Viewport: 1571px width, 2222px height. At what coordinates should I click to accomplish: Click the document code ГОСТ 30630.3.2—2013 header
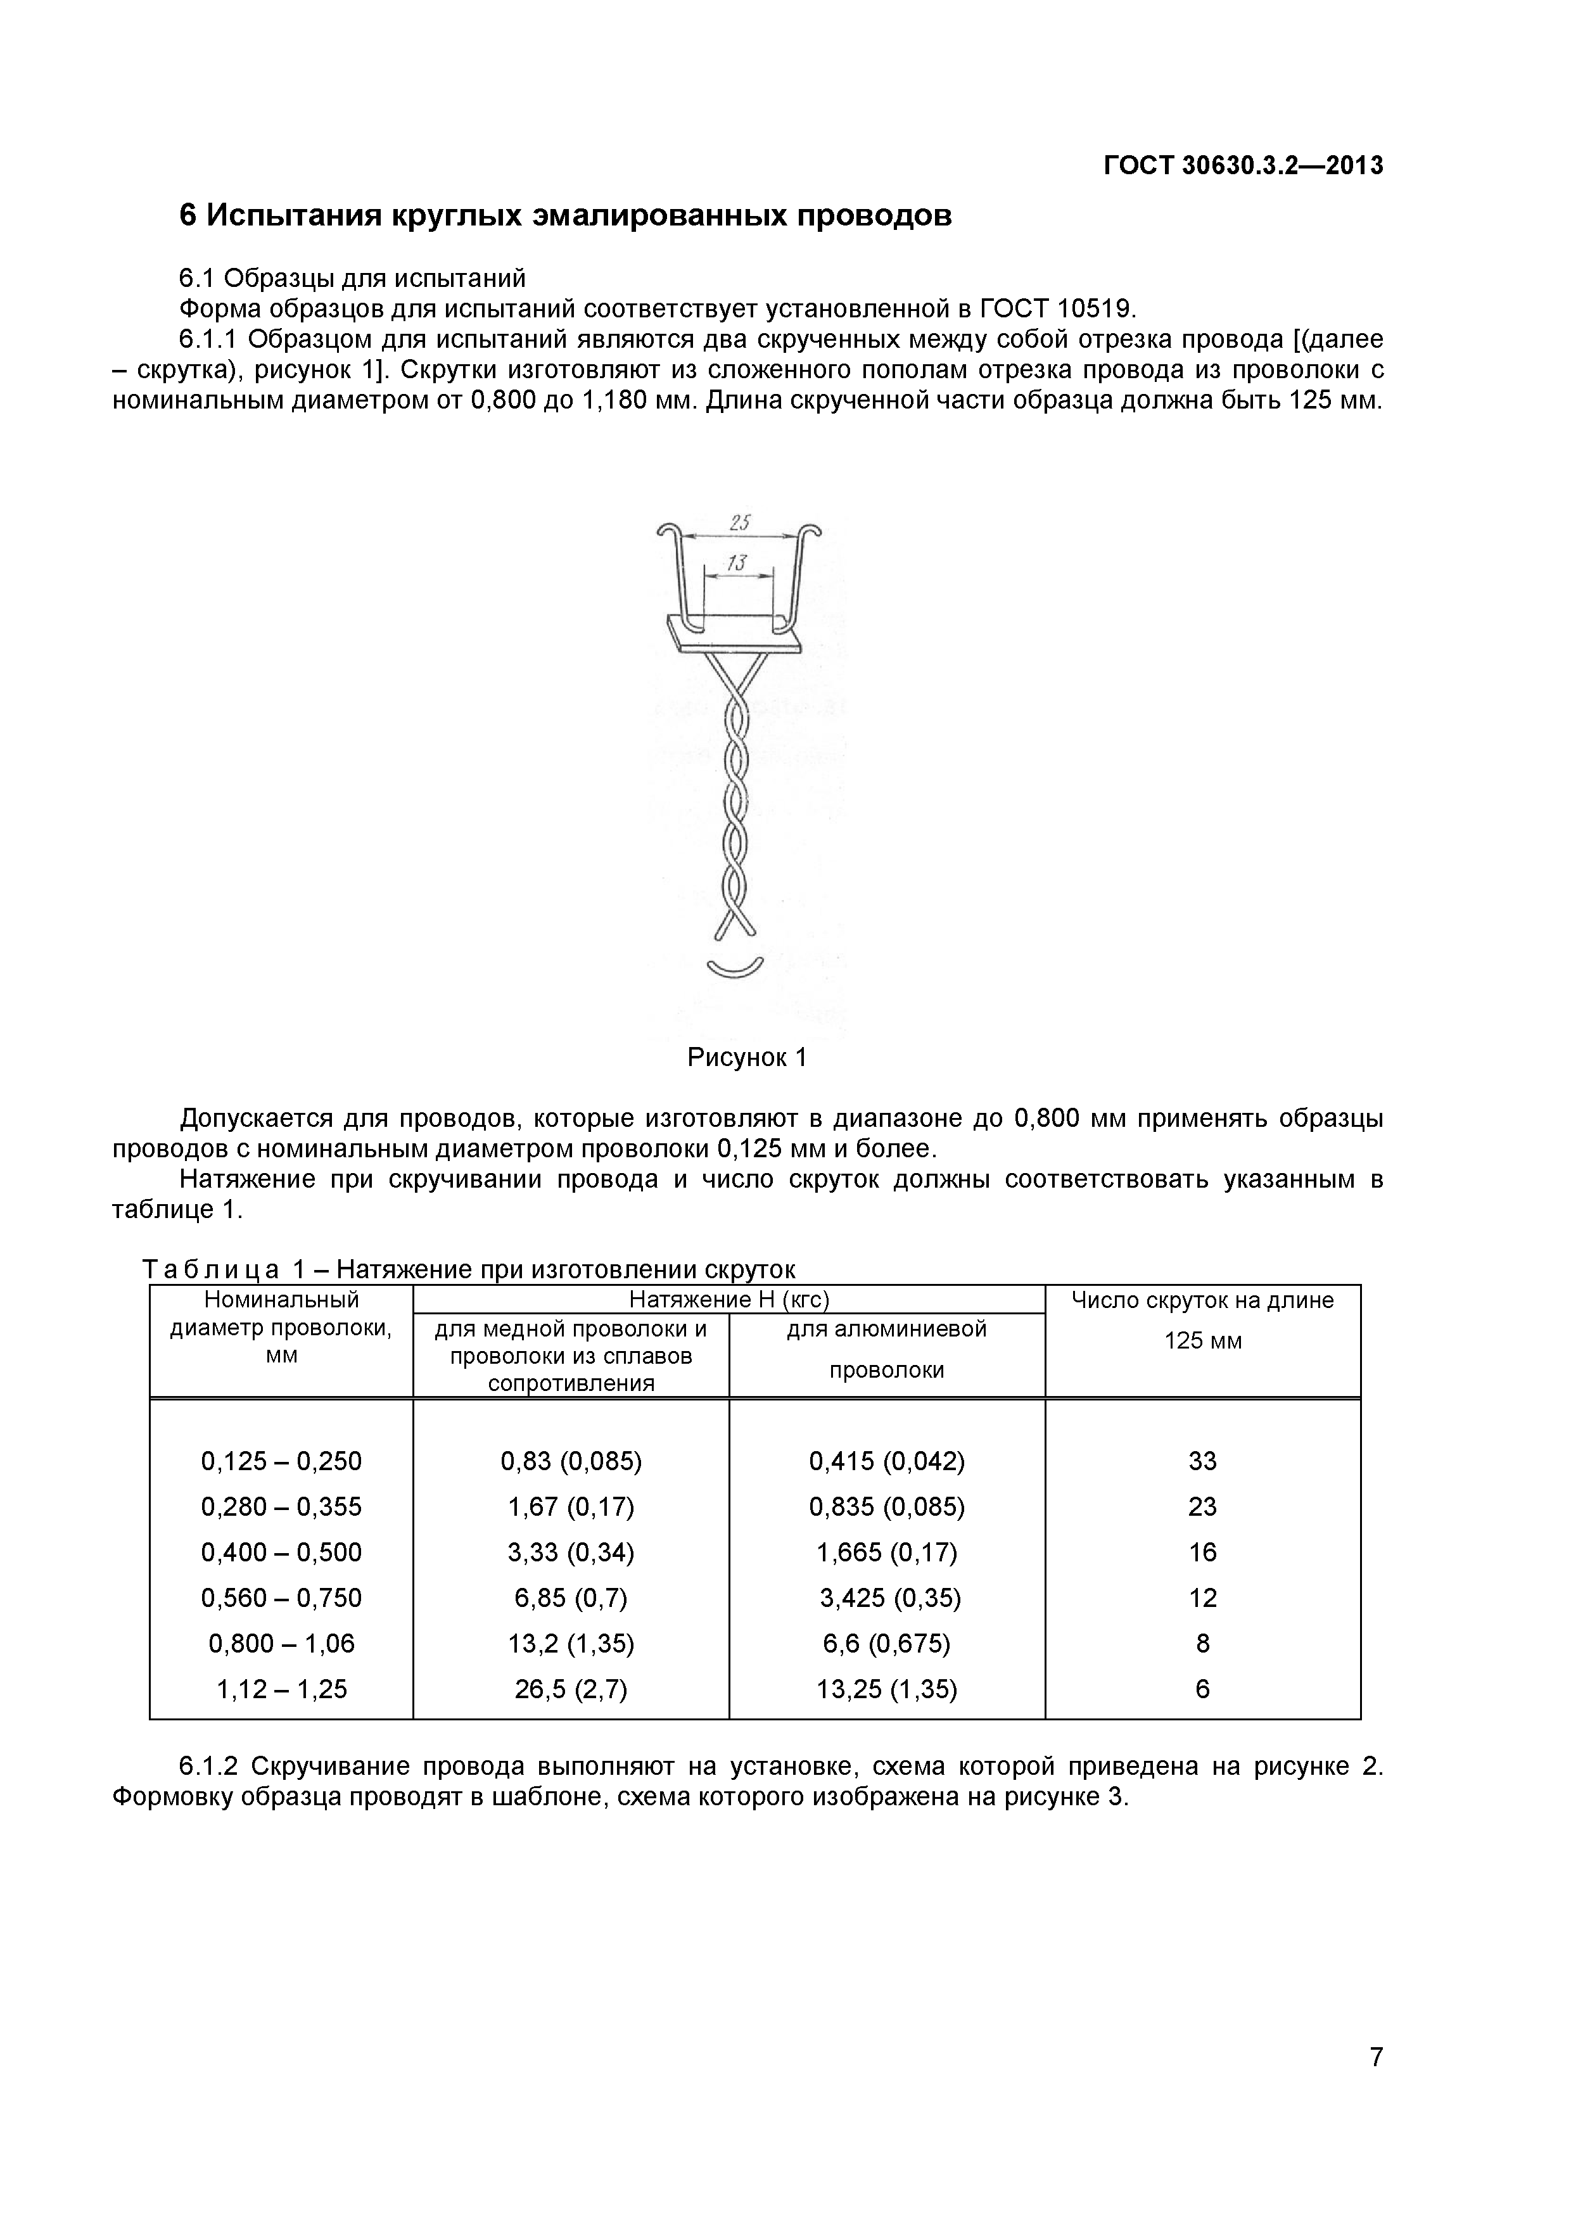pyautogui.click(x=1243, y=165)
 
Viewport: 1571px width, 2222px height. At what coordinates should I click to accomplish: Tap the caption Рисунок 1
pyautogui.click(x=746, y=1057)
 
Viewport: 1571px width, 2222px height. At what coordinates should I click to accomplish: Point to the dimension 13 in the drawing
pyautogui.click(x=737, y=562)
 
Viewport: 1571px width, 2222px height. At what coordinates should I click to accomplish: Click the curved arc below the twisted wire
pyautogui.click(x=735, y=968)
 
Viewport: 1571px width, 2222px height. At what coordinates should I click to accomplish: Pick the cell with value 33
pyautogui.click(x=1202, y=1461)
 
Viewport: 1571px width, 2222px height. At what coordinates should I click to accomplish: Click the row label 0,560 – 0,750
pyautogui.click(x=281, y=1598)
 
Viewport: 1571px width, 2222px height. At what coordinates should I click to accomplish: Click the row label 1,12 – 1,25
pyautogui.click(x=281, y=1689)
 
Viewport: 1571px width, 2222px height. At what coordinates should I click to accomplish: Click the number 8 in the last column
pyautogui.click(x=1202, y=1643)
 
